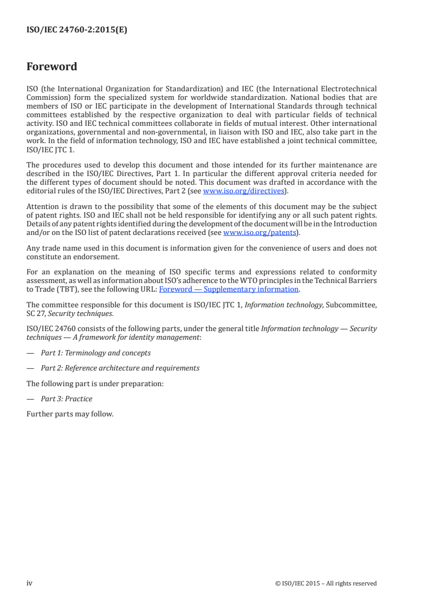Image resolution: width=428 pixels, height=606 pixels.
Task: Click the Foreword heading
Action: point(52,67)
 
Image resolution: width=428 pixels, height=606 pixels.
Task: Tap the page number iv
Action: point(30,583)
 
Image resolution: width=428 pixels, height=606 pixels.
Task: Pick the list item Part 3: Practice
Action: point(66,399)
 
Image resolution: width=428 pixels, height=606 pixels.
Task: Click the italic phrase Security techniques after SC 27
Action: point(61,313)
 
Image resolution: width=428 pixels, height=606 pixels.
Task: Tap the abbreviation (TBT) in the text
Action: point(63,289)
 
